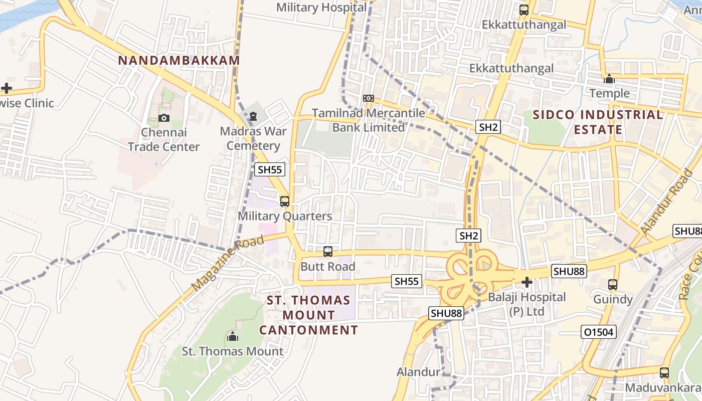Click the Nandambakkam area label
pos(179,61)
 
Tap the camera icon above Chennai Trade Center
pos(163,118)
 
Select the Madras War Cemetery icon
pos(253,117)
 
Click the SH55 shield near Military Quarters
pos(270,169)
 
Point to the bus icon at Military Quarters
pos(285,202)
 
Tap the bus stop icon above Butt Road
pos(328,252)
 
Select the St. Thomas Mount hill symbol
pos(232,336)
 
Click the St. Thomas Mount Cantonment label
pos(308,315)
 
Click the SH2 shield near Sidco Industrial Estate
pos(488,127)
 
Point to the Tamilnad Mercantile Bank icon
pos(369,98)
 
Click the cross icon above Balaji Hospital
pos(527,283)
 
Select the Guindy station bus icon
pos(612,285)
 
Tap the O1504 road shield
pos(599,332)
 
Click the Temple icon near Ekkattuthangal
pos(609,79)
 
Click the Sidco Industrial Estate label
pos(598,122)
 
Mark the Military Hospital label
pos(321,8)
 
